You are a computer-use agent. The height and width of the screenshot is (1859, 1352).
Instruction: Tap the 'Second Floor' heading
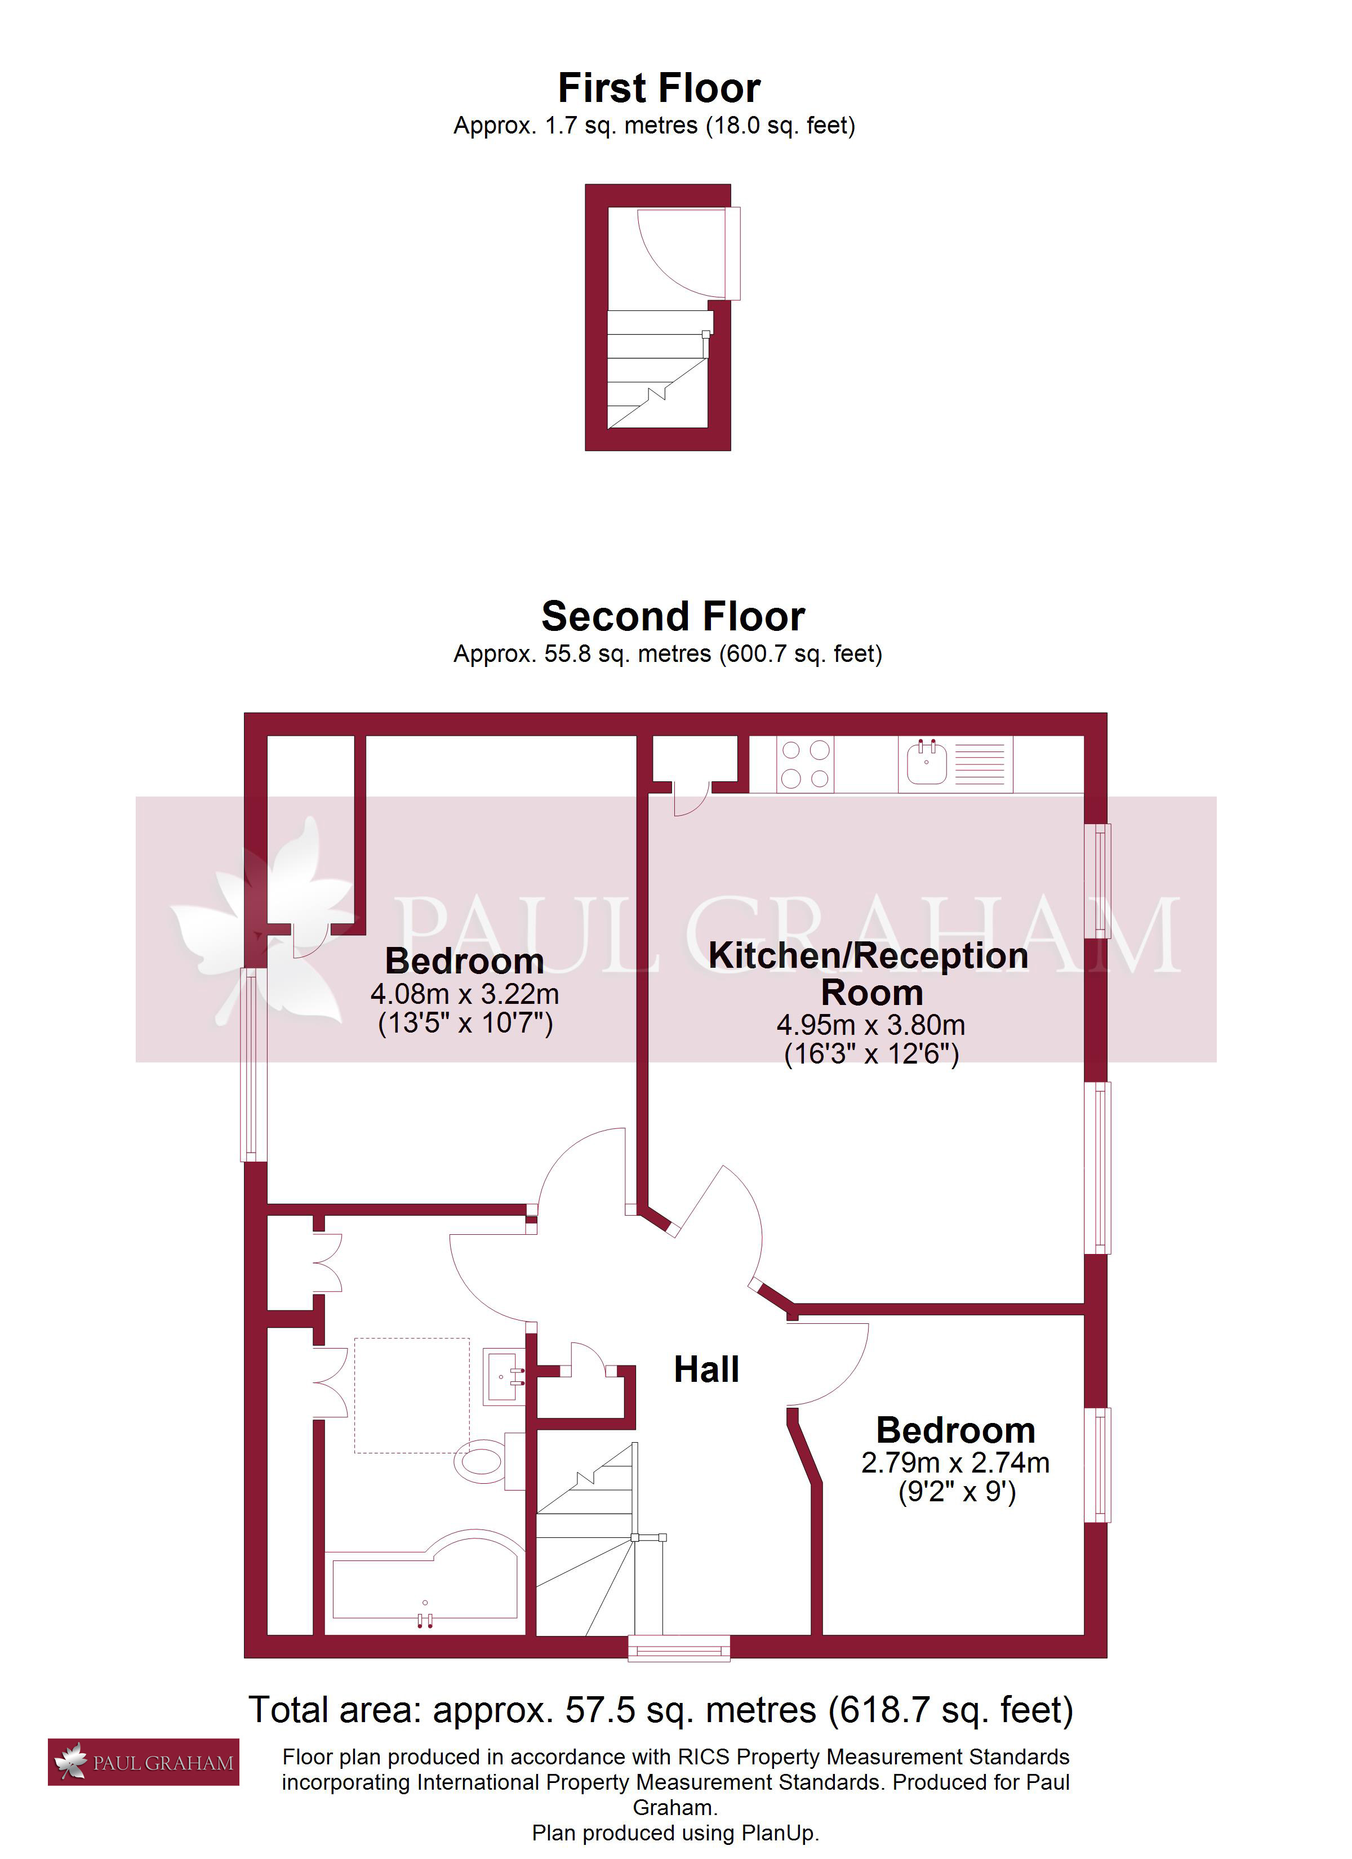coord(673,616)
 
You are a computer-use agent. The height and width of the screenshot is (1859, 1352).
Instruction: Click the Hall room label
coord(706,1369)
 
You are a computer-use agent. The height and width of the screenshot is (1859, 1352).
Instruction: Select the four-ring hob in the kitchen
coord(804,764)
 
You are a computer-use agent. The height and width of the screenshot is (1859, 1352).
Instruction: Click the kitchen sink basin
coord(927,762)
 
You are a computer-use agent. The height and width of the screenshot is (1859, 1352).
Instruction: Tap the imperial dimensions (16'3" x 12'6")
coord(871,1054)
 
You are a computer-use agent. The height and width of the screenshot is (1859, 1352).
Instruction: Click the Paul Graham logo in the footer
coord(144,1762)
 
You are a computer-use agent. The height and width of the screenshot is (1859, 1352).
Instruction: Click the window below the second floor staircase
coord(679,1648)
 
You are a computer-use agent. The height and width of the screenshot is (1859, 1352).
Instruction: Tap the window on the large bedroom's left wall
coord(253,1065)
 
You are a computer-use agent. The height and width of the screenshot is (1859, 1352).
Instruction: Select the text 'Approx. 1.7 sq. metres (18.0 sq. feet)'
coord(654,126)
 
